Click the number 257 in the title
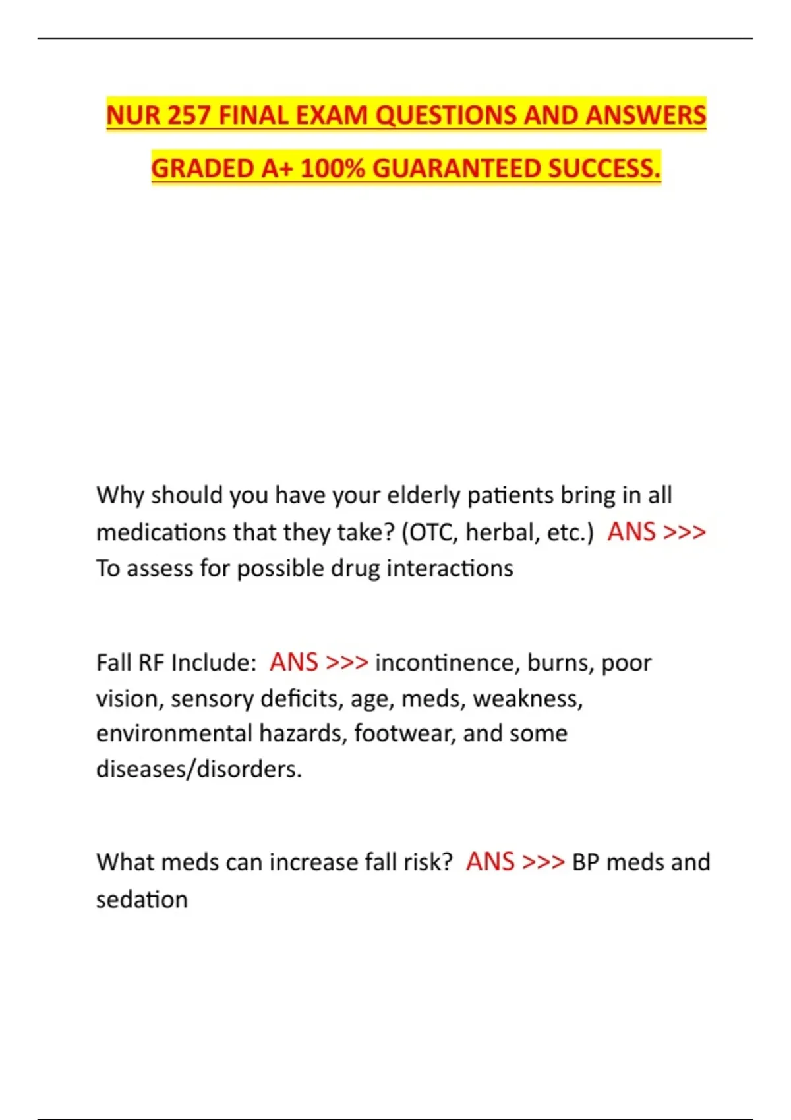point(189,115)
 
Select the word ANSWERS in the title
point(646,115)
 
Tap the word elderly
point(423,495)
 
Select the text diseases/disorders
point(198,769)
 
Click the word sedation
point(142,899)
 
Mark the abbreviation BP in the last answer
point(585,862)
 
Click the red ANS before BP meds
point(490,862)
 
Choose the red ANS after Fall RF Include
point(294,663)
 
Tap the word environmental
point(174,733)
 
